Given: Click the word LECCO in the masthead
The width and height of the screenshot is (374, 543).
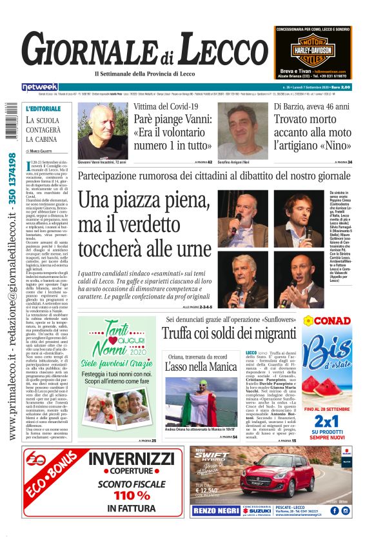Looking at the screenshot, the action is (222, 50).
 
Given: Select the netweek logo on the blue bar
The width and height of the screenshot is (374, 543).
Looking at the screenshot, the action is (40, 87).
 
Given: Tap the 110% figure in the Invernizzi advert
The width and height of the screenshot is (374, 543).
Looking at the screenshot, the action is (132, 496).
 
